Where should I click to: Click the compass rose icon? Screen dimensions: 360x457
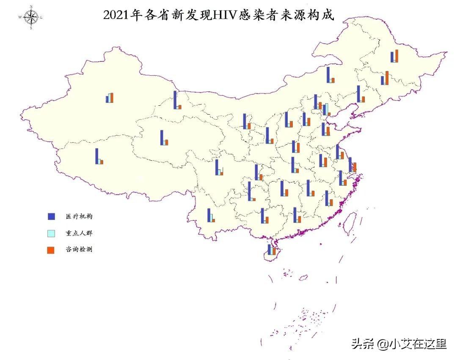click(x=31, y=17)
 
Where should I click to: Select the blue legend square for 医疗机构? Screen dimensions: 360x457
click(x=51, y=216)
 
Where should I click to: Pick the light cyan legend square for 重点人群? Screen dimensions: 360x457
click(x=51, y=233)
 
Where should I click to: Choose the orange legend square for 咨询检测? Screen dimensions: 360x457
click(x=51, y=250)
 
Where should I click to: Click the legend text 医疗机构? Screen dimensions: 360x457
click(x=79, y=216)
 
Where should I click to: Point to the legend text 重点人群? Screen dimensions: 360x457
click(x=79, y=233)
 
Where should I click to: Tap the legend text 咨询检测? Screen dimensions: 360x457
click(x=79, y=250)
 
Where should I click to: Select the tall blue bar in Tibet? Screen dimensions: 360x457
click(x=97, y=156)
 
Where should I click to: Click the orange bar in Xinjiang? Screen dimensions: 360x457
click(x=112, y=97)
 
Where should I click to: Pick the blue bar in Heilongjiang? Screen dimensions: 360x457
click(x=392, y=57)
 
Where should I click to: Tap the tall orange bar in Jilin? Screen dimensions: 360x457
click(x=387, y=78)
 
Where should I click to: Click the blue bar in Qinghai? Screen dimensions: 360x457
click(x=162, y=138)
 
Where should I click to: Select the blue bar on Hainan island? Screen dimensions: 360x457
click(x=269, y=250)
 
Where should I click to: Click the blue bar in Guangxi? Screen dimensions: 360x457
click(x=263, y=215)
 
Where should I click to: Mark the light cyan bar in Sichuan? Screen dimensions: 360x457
click(x=220, y=170)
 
